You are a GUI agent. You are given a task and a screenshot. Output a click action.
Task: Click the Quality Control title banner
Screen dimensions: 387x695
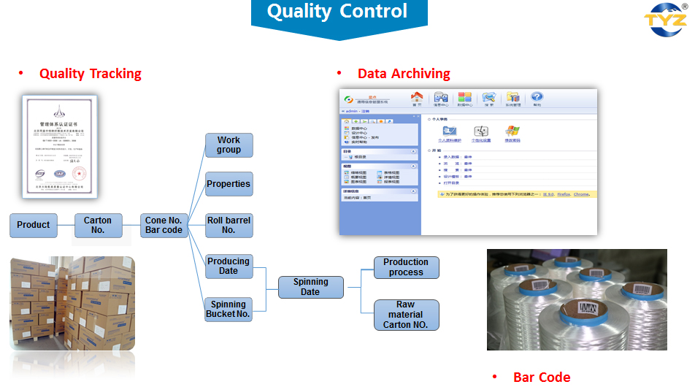(337, 12)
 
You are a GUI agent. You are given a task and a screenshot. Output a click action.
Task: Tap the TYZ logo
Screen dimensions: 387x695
(664, 20)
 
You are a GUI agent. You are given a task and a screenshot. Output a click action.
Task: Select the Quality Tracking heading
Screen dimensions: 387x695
(90, 74)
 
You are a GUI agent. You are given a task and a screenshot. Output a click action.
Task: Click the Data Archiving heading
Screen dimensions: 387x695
(403, 74)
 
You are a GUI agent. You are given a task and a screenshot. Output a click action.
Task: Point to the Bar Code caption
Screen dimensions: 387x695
(541, 377)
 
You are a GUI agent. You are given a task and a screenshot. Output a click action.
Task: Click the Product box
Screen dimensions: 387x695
(34, 225)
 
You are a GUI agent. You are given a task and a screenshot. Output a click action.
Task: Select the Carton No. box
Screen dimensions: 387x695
(98, 225)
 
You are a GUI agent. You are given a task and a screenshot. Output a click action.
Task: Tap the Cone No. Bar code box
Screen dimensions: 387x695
(164, 225)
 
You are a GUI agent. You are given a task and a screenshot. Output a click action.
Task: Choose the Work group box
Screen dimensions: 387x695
(229, 145)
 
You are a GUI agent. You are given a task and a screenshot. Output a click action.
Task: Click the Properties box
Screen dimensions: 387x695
(229, 184)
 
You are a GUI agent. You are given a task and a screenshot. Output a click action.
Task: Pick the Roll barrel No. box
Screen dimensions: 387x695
(229, 225)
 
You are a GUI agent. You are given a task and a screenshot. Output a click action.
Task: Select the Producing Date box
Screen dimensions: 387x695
(229, 266)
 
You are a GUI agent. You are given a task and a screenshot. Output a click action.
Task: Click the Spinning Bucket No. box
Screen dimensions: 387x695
(229, 309)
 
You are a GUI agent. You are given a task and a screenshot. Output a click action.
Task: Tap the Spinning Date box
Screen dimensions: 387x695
(310, 287)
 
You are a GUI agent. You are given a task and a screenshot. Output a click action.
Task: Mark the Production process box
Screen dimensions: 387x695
(406, 267)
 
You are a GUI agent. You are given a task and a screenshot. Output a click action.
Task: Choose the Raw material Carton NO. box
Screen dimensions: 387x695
(406, 315)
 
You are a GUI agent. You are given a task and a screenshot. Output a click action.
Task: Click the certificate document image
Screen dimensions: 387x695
(58, 146)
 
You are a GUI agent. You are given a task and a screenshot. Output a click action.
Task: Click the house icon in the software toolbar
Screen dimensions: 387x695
(417, 98)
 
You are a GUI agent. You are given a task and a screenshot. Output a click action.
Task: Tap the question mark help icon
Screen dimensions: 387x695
(537, 98)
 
